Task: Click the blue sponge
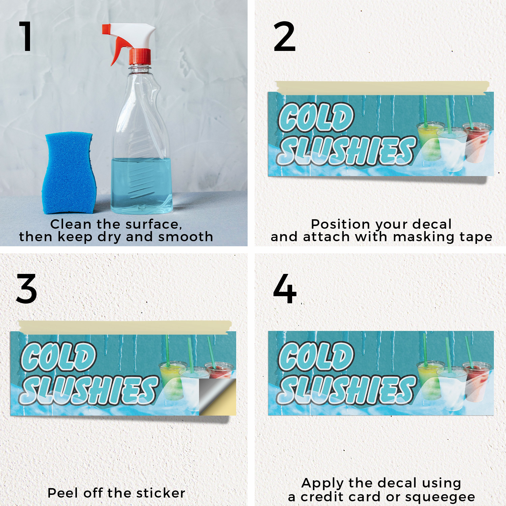(69, 173)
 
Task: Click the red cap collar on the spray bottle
(140, 56)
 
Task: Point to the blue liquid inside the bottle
(142, 186)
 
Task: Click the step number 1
(26, 36)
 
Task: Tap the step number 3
(26, 289)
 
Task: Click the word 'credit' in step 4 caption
(324, 496)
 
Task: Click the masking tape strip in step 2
(382, 87)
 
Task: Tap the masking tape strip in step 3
(125, 327)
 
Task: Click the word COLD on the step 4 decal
(316, 356)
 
